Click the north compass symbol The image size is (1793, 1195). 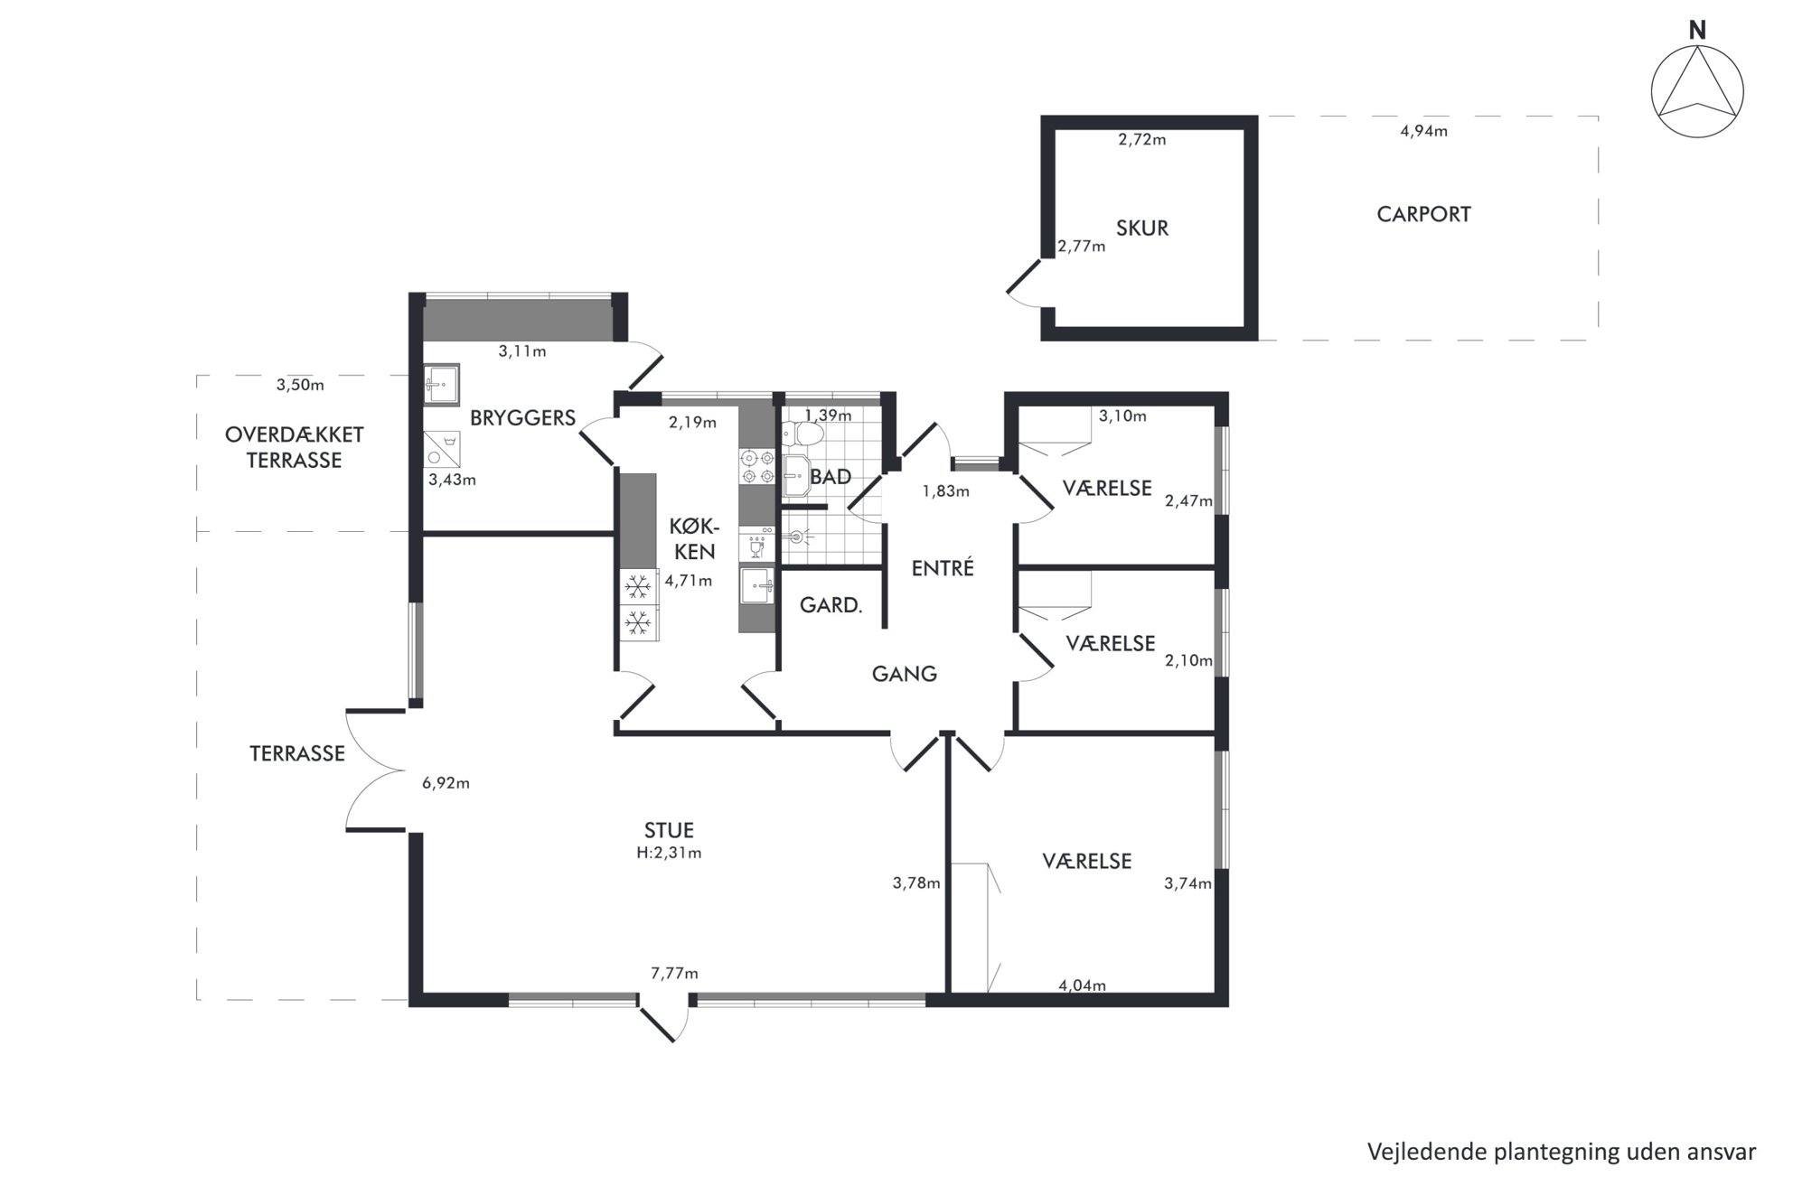click(1696, 91)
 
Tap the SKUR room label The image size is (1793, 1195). click(1141, 229)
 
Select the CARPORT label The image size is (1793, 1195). click(1423, 215)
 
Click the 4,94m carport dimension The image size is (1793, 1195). click(1423, 132)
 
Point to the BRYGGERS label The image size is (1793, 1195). click(522, 418)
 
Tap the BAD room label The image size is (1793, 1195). click(830, 477)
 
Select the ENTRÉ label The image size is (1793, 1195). click(943, 568)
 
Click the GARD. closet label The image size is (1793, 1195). click(831, 605)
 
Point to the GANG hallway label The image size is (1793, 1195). click(904, 674)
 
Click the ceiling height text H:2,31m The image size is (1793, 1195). click(668, 853)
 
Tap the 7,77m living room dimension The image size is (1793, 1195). click(674, 974)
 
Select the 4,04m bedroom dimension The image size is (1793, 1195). click(1082, 985)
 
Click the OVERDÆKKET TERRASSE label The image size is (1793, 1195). click(294, 447)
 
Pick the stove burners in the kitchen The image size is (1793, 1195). click(757, 466)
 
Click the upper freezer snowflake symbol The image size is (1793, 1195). click(638, 587)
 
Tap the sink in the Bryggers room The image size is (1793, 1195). click(442, 385)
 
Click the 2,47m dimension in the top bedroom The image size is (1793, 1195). click(1188, 500)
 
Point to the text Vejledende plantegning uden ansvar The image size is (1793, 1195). click(1562, 1152)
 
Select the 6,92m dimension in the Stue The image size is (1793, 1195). click(446, 783)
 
